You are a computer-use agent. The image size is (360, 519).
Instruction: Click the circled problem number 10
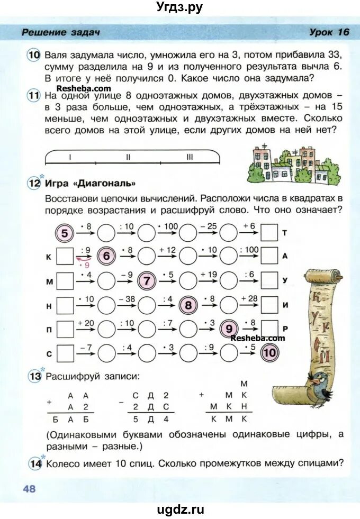coord(34,54)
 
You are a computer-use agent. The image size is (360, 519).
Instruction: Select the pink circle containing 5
coord(65,233)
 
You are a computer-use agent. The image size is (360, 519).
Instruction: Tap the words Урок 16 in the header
coord(329,32)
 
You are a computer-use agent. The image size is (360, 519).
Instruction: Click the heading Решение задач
coord(61,33)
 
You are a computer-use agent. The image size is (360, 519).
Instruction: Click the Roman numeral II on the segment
coord(128,157)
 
